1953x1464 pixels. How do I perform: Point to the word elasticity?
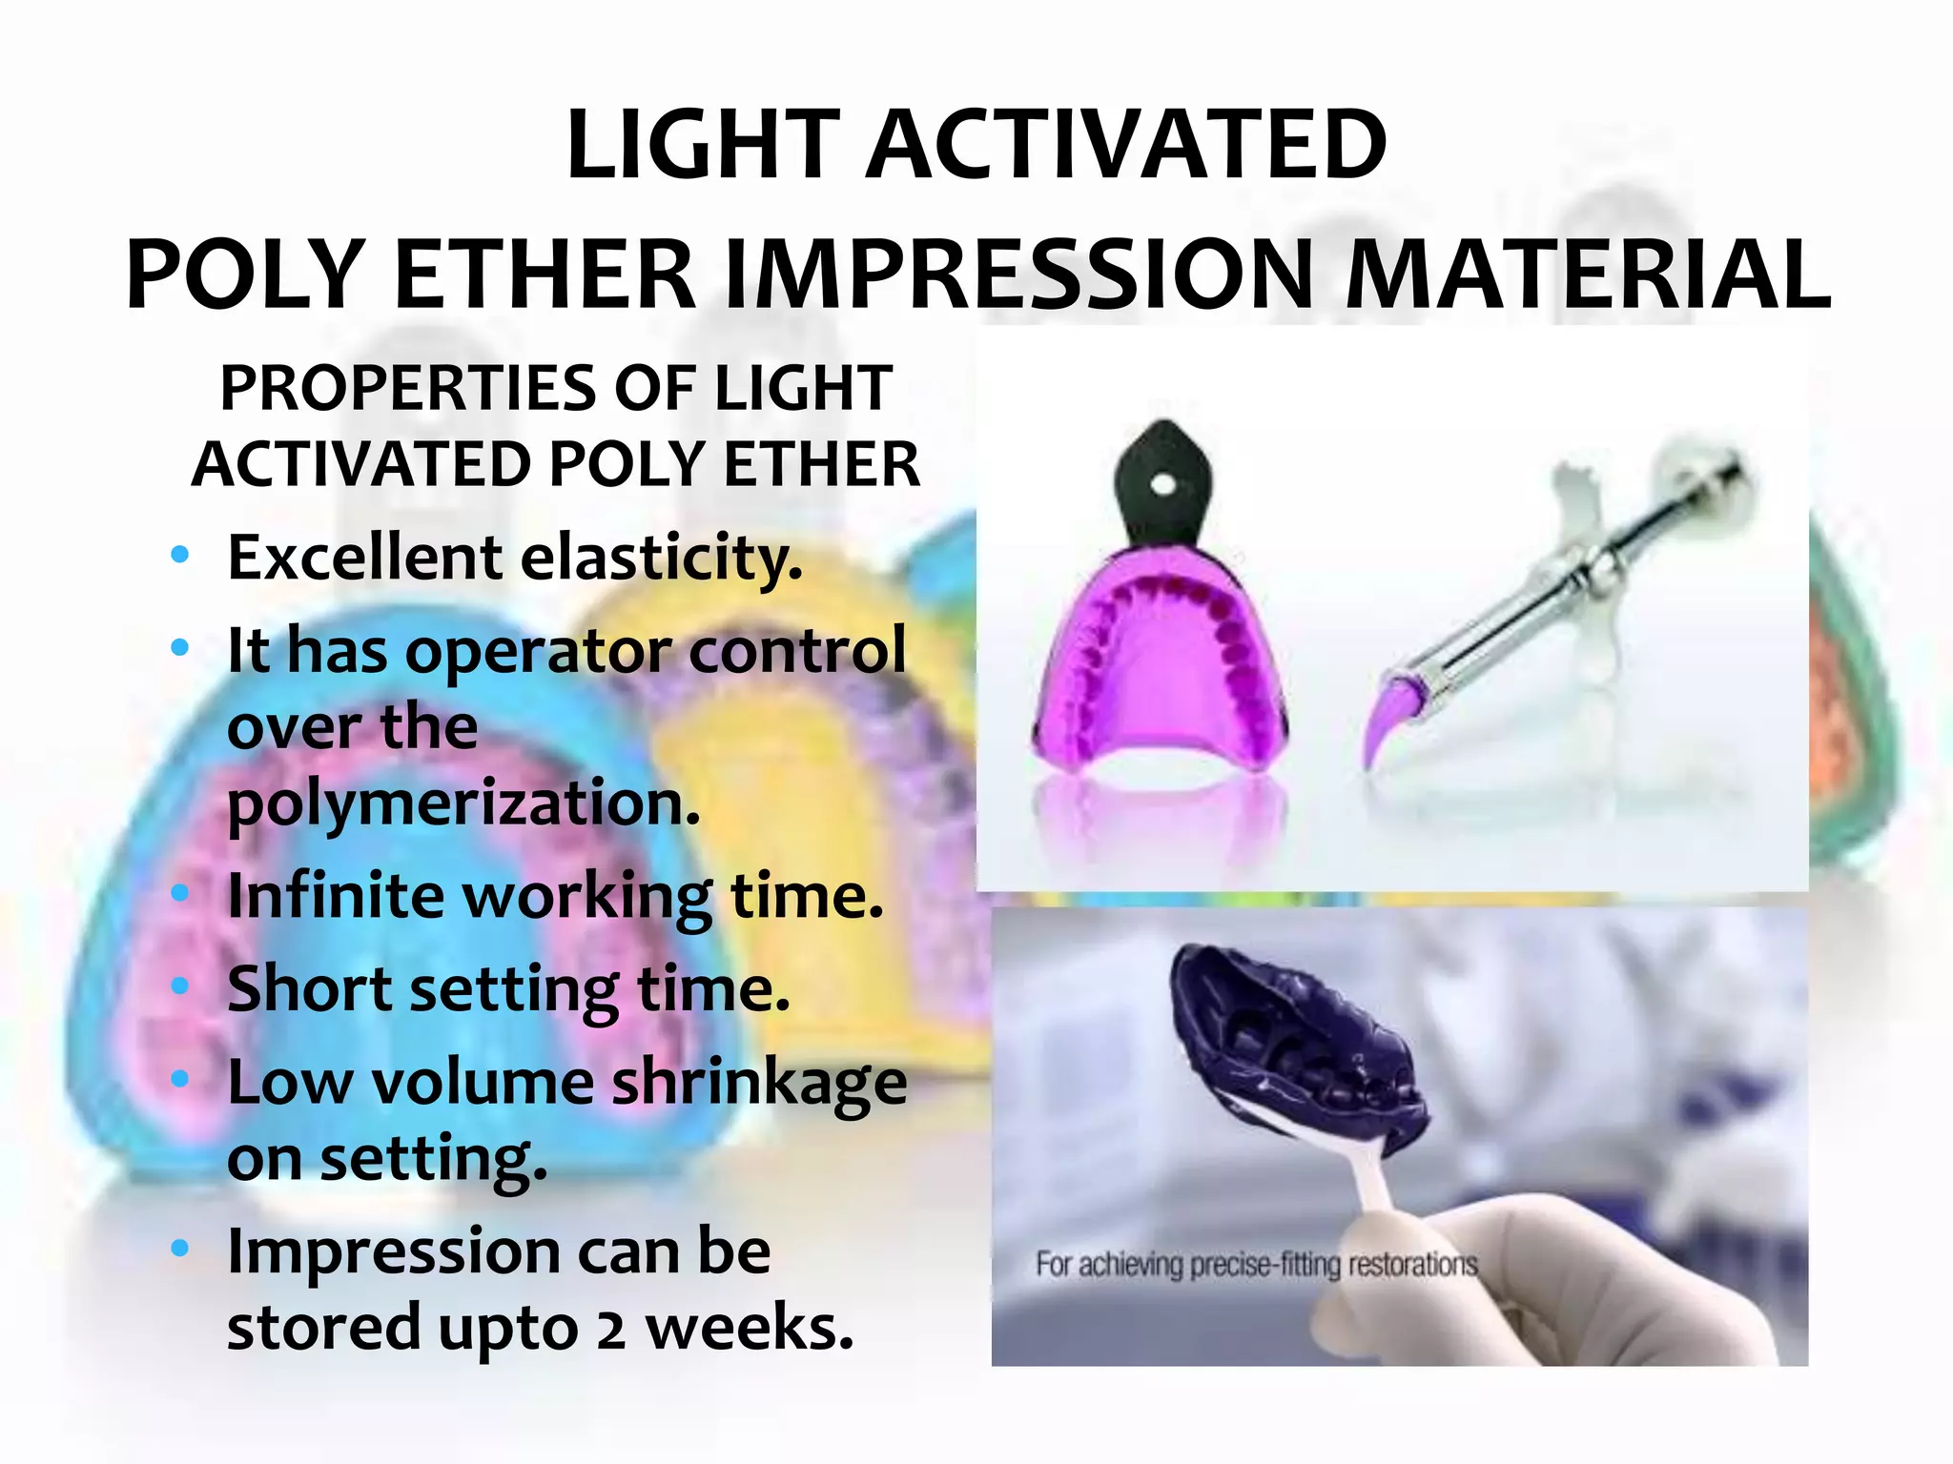point(661,558)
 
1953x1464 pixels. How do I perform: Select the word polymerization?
point(463,803)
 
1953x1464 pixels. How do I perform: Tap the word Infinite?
point(335,896)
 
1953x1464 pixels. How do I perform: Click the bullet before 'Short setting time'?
point(179,986)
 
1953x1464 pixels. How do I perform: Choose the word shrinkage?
point(758,1083)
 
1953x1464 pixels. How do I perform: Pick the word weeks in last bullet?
point(750,1329)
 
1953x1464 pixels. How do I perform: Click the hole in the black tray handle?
point(1162,485)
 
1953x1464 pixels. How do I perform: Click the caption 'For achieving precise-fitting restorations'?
point(1256,1265)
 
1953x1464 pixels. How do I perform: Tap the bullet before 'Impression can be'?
point(179,1249)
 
